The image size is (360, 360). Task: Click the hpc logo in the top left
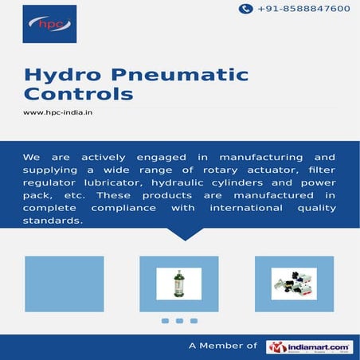tap(49, 23)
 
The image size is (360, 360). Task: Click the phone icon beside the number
tap(246, 9)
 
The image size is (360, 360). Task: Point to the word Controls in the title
tap(78, 95)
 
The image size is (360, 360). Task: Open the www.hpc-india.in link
tap(58, 112)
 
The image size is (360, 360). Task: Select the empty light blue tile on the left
tap(65, 283)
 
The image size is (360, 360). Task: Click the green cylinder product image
tap(178, 283)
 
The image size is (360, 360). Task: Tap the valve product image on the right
tap(294, 283)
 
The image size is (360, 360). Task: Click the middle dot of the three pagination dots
tap(179, 321)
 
